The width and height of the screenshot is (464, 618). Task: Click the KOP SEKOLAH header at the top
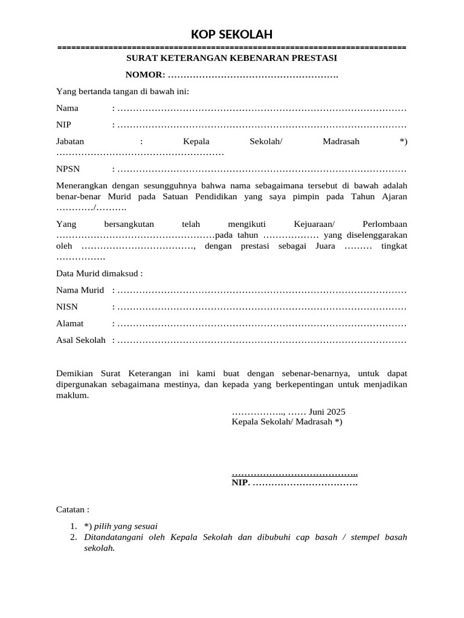232,34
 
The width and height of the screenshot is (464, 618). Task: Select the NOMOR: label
145,75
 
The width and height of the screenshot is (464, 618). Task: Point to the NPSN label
68,169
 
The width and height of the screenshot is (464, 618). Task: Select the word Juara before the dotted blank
332,246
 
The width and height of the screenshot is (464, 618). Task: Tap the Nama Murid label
80,290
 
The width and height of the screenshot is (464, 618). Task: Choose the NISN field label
67,307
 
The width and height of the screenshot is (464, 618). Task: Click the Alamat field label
69,323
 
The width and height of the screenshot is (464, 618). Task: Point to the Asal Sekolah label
81,340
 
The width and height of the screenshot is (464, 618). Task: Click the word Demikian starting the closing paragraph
76,373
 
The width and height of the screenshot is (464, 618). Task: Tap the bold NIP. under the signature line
240,483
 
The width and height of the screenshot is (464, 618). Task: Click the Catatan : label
72,509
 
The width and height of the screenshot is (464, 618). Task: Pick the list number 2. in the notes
74,537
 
